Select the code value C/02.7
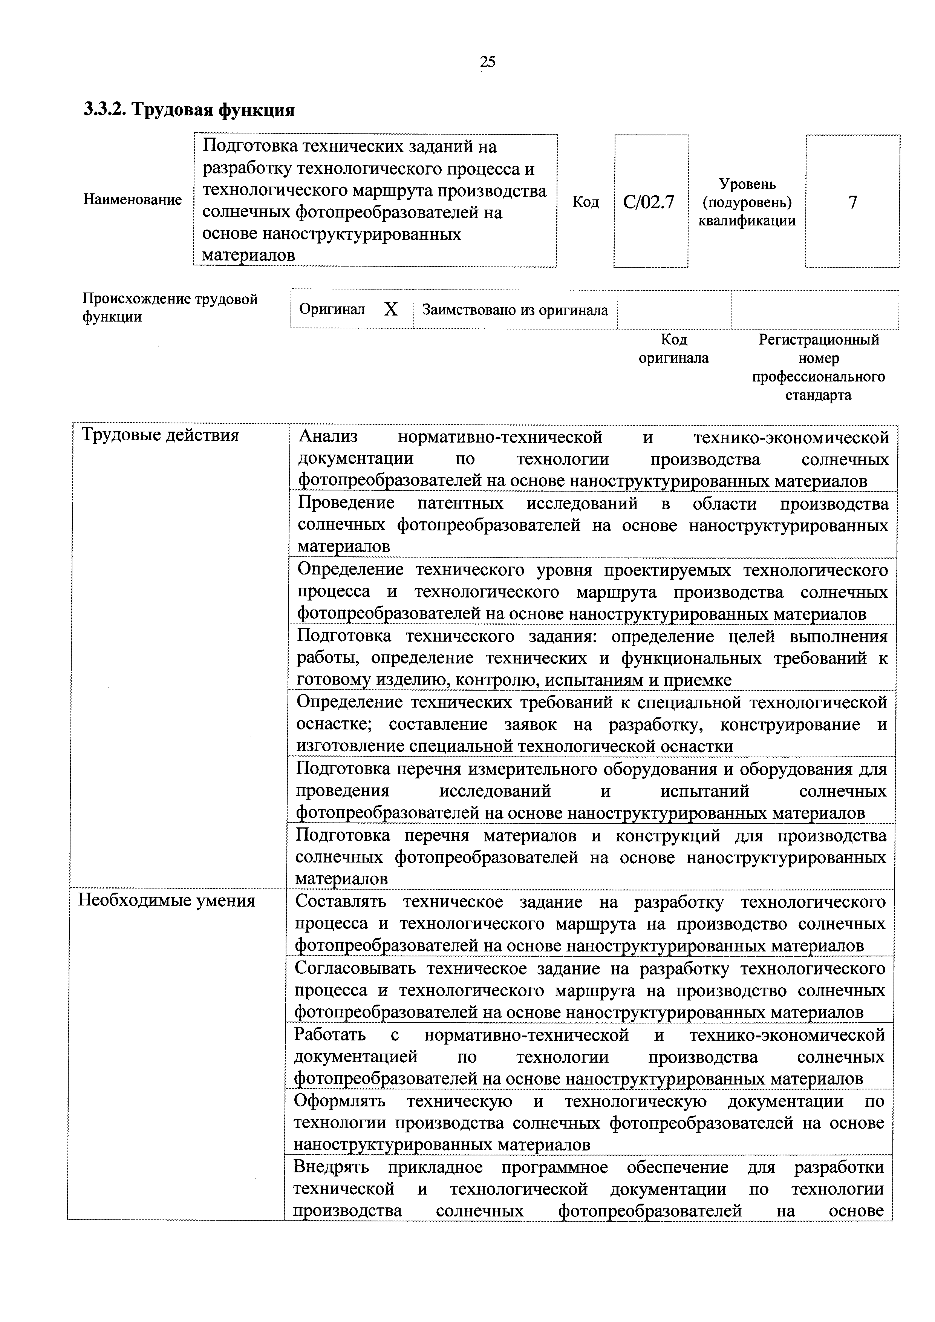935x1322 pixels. (x=649, y=202)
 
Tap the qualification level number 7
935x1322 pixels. (x=853, y=202)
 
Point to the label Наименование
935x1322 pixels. (x=132, y=200)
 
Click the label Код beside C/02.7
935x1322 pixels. (x=586, y=202)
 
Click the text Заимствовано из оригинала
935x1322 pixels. (x=515, y=310)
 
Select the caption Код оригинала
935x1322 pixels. (x=673, y=349)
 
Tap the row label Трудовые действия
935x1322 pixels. (x=160, y=435)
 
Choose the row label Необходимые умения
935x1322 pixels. (x=167, y=900)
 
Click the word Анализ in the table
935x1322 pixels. (x=328, y=438)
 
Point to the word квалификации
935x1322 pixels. (x=747, y=221)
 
